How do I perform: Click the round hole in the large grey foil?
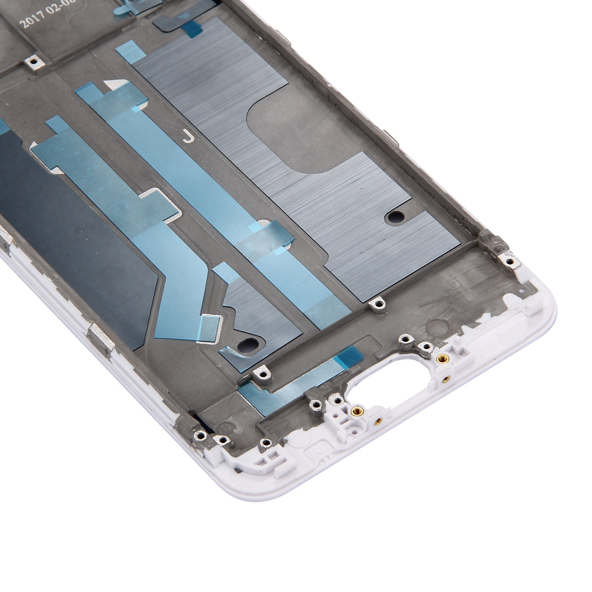(x=396, y=217)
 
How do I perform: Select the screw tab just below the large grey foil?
(x=379, y=305)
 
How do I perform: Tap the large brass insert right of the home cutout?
(x=442, y=358)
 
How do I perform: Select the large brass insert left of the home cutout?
(x=355, y=412)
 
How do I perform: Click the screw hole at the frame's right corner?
(x=509, y=262)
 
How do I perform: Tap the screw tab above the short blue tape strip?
(x=262, y=371)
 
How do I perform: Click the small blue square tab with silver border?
(x=210, y=328)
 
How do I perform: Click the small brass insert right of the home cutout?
(x=446, y=378)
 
